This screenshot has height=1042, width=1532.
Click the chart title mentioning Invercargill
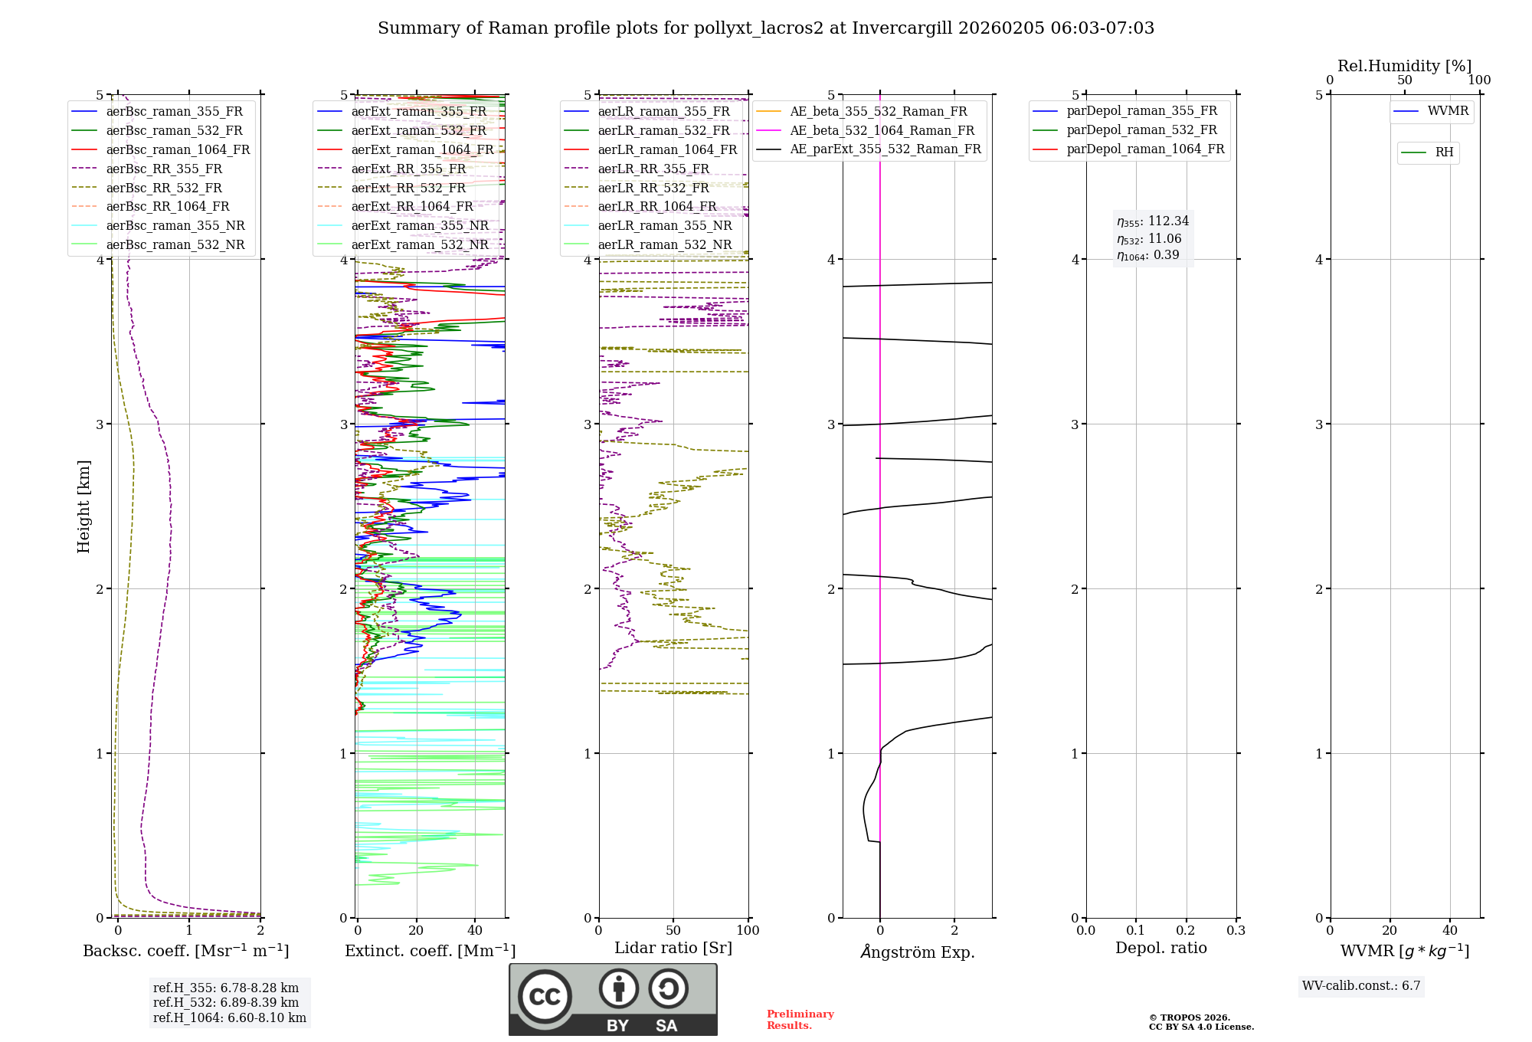click(765, 28)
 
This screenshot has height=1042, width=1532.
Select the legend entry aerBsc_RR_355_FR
click(164, 169)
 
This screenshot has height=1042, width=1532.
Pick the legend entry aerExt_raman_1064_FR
click(422, 149)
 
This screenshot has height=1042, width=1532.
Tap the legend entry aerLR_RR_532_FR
click(653, 188)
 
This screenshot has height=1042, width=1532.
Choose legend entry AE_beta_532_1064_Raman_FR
click(882, 130)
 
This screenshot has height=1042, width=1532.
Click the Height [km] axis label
click(83, 506)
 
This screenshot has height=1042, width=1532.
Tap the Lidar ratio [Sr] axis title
click(673, 948)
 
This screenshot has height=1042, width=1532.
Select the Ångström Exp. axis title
click(917, 952)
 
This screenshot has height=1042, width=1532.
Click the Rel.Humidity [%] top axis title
click(1404, 66)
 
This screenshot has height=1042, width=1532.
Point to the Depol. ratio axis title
click(1160, 948)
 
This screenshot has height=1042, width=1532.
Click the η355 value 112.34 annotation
click(1153, 221)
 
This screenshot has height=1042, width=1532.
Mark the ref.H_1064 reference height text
click(229, 1017)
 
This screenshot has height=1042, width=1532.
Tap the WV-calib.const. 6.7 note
click(1361, 985)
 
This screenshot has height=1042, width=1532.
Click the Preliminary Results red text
click(800, 1019)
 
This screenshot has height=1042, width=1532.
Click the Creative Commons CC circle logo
click(545, 996)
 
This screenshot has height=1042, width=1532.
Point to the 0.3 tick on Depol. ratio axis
click(1236, 930)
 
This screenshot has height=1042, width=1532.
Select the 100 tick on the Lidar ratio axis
click(748, 930)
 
